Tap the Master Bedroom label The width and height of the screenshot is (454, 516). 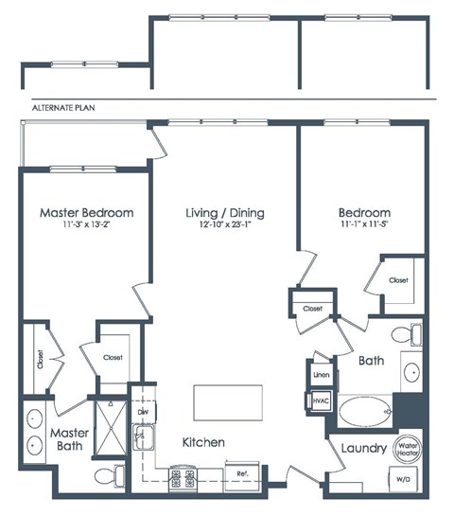click(86, 213)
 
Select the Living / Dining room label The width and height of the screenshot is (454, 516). click(224, 213)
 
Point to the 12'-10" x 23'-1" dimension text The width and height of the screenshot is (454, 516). click(224, 225)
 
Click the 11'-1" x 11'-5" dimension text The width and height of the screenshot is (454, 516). click(364, 225)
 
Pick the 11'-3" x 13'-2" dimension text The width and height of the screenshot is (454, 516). click(86, 225)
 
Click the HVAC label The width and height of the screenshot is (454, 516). click(320, 401)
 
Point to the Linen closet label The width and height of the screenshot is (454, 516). click(320, 375)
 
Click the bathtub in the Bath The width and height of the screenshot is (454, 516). click(364, 412)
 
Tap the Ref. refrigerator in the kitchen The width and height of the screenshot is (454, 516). click(242, 472)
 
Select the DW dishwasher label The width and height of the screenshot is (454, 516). click(143, 413)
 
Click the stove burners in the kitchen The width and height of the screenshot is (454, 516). click(183, 474)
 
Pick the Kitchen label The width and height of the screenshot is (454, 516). click(203, 442)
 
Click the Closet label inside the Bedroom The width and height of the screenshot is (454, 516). click(398, 280)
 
